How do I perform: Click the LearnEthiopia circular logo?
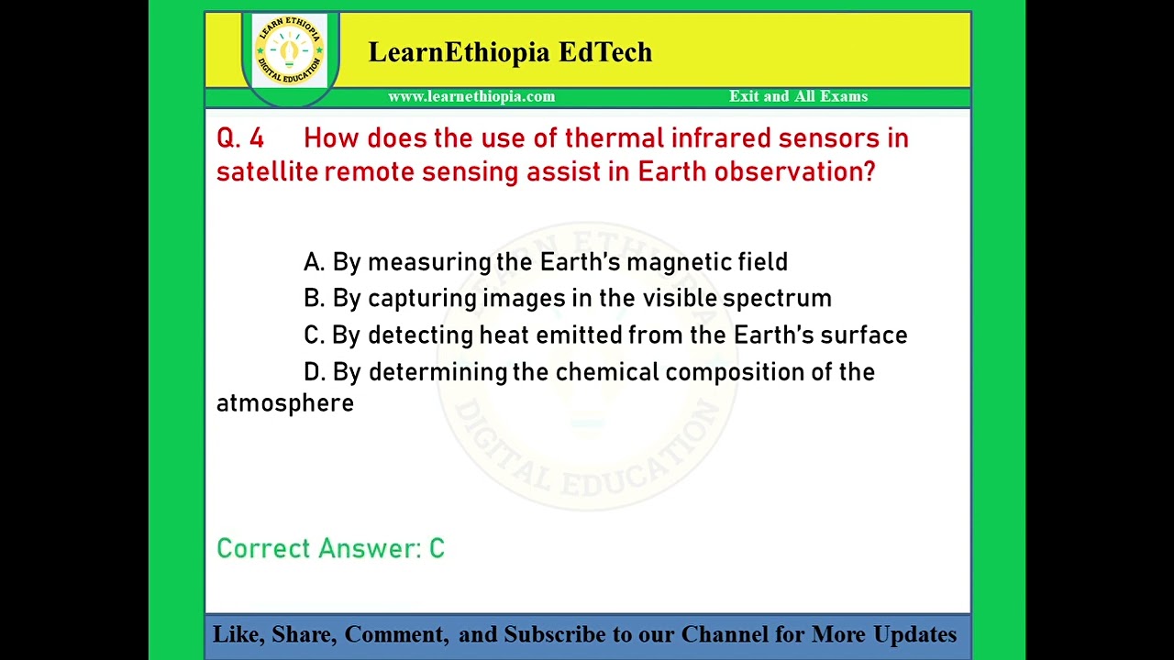click(289, 50)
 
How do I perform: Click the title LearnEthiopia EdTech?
click(510, 52)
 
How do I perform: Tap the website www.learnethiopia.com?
click(471, 96)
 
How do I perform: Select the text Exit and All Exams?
click(798, 96)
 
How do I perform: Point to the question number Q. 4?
click(240, 138)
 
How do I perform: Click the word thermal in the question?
click(614, 138)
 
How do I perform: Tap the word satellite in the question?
click(266, 172)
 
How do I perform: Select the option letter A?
click(314, 263)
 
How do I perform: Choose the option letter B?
click(314, 299)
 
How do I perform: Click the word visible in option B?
click(679, 299)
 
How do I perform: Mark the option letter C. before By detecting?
click(314, 335)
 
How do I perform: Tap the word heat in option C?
click(504, 335)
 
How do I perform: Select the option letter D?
click(315, 372)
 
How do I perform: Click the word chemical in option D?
click(606, 372)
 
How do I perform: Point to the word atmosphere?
click(285, 404)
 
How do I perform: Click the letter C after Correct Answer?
click(437, 549)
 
